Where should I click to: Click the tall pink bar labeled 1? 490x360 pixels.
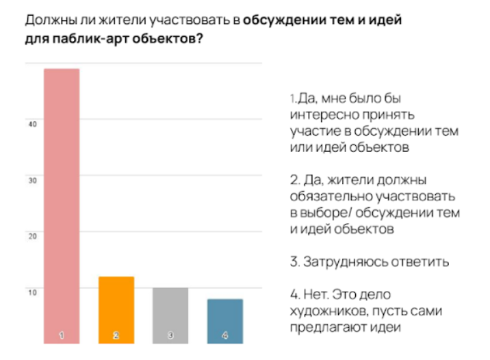click(62, 206)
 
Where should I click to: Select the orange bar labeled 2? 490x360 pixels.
click(116, 310)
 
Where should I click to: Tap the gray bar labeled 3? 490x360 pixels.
click(170, 316)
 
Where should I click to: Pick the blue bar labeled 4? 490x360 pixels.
click(225, 321)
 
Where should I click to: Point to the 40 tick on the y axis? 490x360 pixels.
click(32, 125)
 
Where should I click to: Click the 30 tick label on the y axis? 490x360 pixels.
click(32, 181)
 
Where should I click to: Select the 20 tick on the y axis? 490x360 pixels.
click(32, 237)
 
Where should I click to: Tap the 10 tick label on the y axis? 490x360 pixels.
click(32, 293)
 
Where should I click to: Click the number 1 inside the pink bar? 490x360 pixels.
click(62, 335)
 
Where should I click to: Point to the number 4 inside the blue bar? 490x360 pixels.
click(225, 335)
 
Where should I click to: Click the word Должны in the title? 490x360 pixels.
click(51, 21)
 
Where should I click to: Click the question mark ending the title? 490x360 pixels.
click(200, 38)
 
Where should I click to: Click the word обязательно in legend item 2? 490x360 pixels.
click(331, 196)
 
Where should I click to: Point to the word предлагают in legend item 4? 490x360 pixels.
click(328, 328)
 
